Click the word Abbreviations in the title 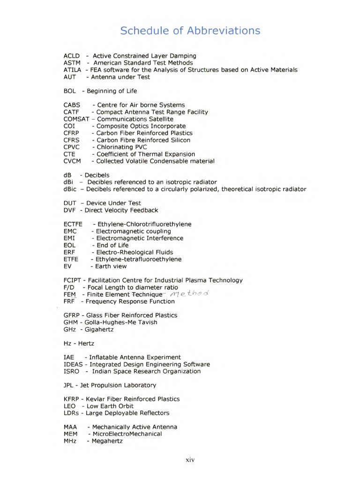point(224,31)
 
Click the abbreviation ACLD point(72,56)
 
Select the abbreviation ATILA point(73,70)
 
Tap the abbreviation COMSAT point(76,119)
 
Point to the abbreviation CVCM point(72,161)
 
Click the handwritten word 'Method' point(189,293)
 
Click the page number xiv point(190,460)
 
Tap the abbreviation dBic point(70,189)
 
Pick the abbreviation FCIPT point(72,280)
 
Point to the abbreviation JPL point(69,385)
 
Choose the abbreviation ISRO point(71,371)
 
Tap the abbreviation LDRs point(71,413)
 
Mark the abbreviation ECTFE point(73,224)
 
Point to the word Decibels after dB point(97,175)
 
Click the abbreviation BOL point(70,91)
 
